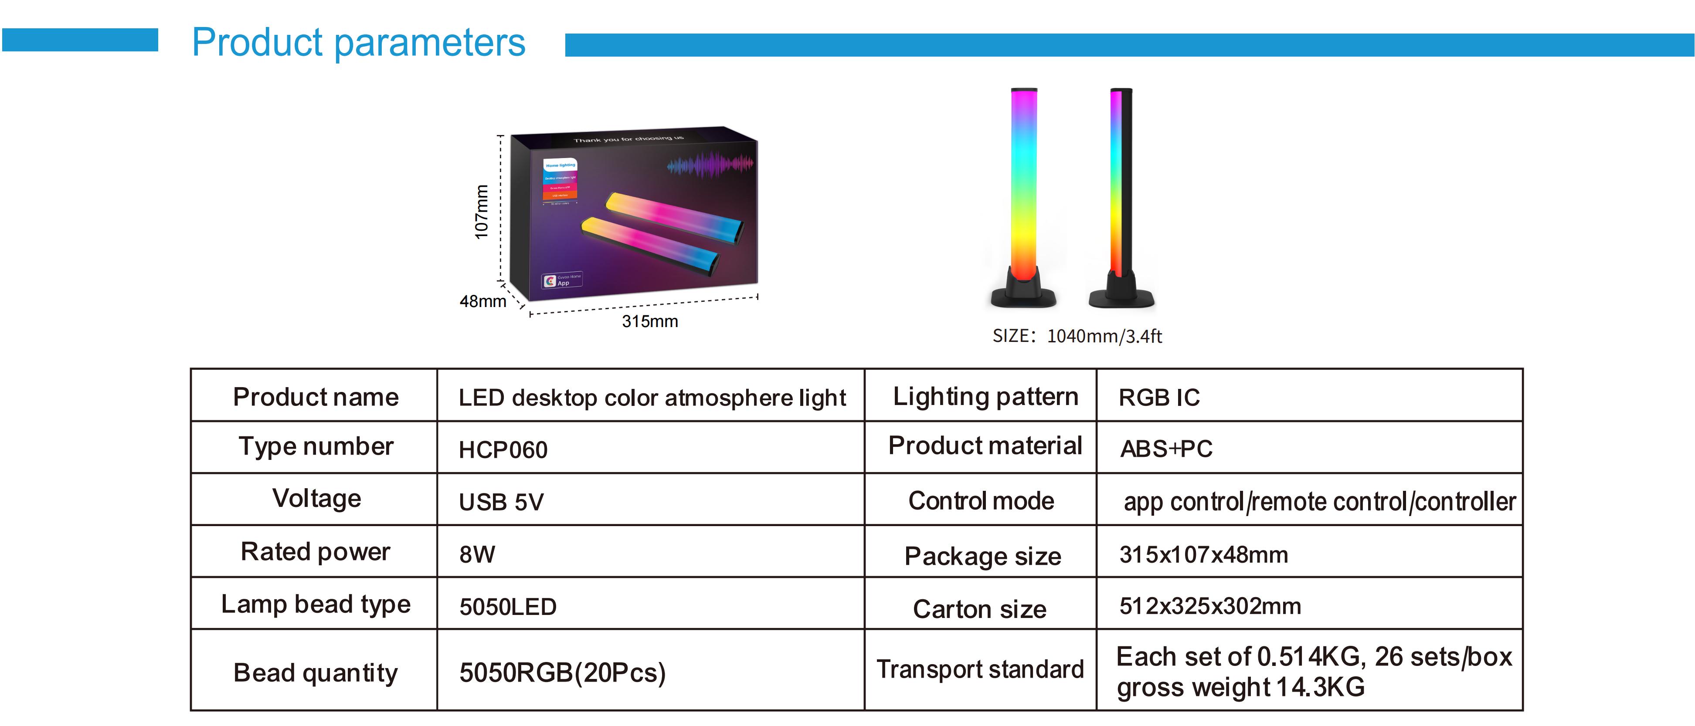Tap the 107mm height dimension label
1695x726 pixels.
(x=482, y=212)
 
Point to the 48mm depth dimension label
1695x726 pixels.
(x=482, y=301)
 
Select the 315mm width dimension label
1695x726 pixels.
(x=649, y=321)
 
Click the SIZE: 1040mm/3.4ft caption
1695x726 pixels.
(x=1077, y=336)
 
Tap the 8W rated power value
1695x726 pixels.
(x=477, y=554)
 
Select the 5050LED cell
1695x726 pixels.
(x=507, y=606)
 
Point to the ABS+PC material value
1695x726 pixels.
(x=1166, y=449)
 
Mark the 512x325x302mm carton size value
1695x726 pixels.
(x=1210, y=606)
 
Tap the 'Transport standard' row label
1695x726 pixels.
(x=980, y=669)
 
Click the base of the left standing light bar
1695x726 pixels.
(x=1023, y=293)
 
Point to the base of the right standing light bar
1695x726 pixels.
(x=1121, y=294)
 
